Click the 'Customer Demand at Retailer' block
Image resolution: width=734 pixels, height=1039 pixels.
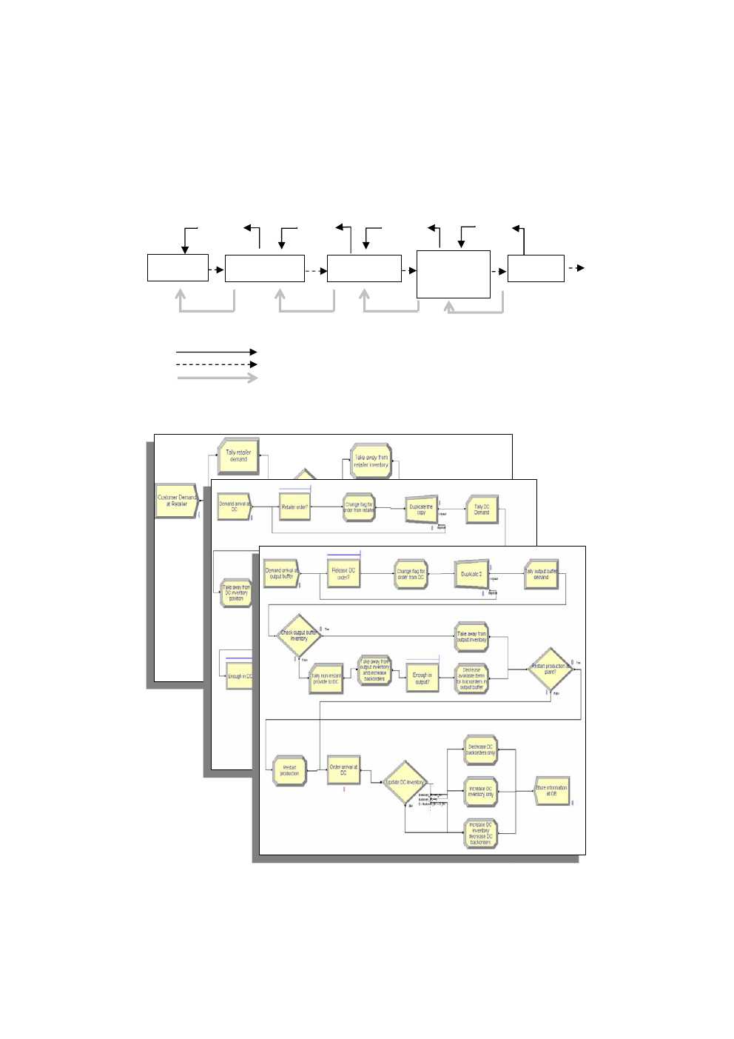pos(176,501)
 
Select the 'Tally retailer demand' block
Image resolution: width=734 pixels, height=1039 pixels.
pos(238,456)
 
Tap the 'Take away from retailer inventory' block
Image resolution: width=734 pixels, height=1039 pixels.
pos(371,461)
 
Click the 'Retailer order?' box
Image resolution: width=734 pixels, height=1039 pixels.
pos(294,507)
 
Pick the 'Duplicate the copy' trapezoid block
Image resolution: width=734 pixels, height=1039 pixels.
pos(421,510)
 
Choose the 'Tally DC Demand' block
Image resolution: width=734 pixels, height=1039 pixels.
pos(482,510)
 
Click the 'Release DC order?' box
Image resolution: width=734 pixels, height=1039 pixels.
pos(343,573)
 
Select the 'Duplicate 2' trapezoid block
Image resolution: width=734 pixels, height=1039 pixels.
pos(471,574)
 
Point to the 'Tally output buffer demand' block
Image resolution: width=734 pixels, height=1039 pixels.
pos(541,574)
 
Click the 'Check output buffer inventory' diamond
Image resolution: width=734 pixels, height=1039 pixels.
pos(298,635)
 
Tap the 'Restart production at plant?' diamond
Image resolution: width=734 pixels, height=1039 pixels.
pos(550,669)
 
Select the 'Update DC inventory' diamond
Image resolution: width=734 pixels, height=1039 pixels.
pos(405,782)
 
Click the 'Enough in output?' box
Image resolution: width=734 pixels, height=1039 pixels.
pos(422,678)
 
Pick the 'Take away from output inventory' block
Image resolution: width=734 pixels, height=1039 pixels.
pos(471,637)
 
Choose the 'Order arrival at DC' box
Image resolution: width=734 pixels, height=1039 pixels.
pos(343,770)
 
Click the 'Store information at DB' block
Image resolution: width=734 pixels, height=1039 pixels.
pos(551,790)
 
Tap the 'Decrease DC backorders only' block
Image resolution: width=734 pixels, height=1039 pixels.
pos(481,750)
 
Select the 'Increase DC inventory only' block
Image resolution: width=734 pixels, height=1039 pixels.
pos(481,792)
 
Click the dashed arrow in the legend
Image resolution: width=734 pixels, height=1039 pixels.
pos(216,364)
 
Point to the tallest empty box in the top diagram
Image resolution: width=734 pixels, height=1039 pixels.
pos(453,274)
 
